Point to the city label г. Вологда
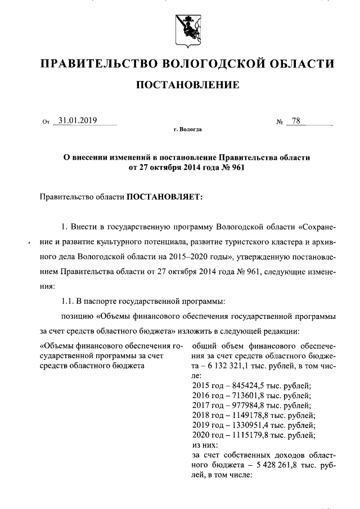(x=187, y=130)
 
